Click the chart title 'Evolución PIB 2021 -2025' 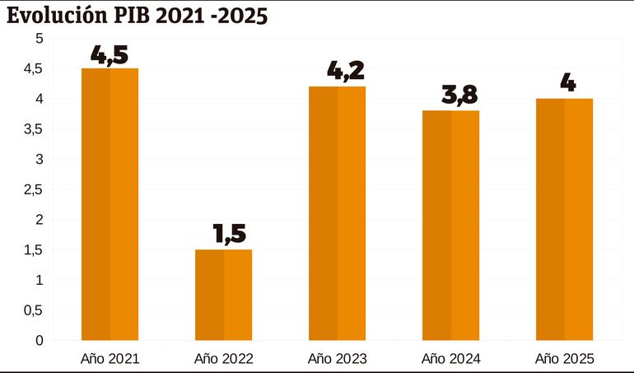[x=138, y=16]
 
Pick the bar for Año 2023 [x=337, y=213]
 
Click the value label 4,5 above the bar [x=110, y=56]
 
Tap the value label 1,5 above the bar [x=223, y=235]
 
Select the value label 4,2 [x=337, y=72]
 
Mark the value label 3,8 [x=450, y=96]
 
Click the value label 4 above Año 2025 [x=564, y=84]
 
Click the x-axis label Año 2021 [x=110, y=359]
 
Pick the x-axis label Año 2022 [x=223, y=359]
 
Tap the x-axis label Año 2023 [x=337, y=359]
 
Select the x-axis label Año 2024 [x=450, y=359]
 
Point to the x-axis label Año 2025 [x=564, y=359]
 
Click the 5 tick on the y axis [x=39, y=39]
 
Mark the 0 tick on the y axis [x=39, y=340]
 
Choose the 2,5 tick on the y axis [x=33, y=189]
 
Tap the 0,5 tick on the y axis [x=33, y=310]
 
